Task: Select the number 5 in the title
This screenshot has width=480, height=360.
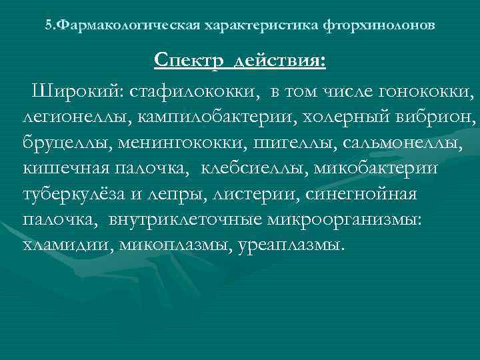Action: point(48,25)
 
